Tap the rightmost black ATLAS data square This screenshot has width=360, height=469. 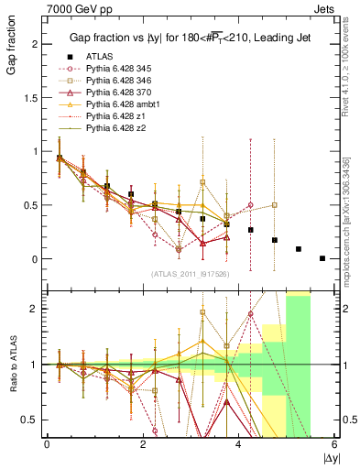tap(322, 258)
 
